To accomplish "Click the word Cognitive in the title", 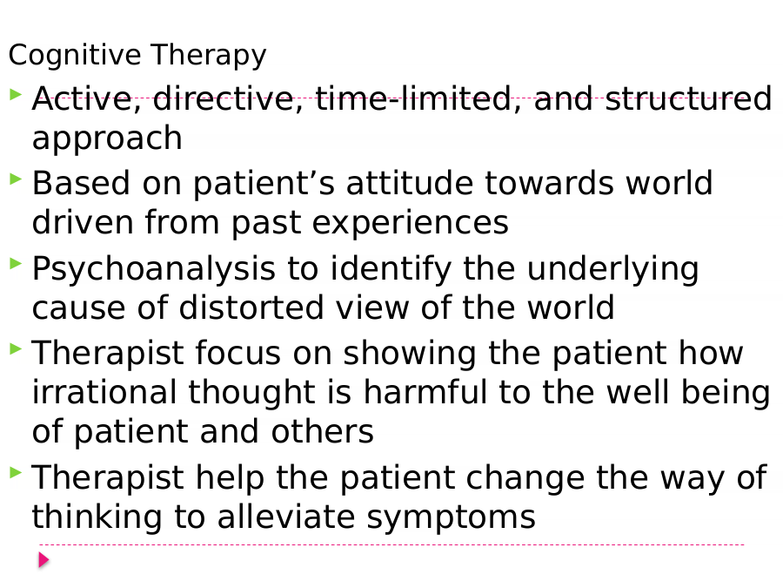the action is click(75, 55).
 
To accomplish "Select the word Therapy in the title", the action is click(208, 55).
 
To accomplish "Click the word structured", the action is click(689, 98).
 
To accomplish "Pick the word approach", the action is click(107, 139).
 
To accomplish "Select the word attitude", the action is click(410, 183).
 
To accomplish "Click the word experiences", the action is click(411, 223).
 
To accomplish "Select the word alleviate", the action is click(285, 517).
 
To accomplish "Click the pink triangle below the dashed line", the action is click(43, 560).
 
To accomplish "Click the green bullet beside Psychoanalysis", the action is click(16, 263).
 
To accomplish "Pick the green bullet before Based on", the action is click(16, 178).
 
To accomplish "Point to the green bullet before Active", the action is click(16, 93).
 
